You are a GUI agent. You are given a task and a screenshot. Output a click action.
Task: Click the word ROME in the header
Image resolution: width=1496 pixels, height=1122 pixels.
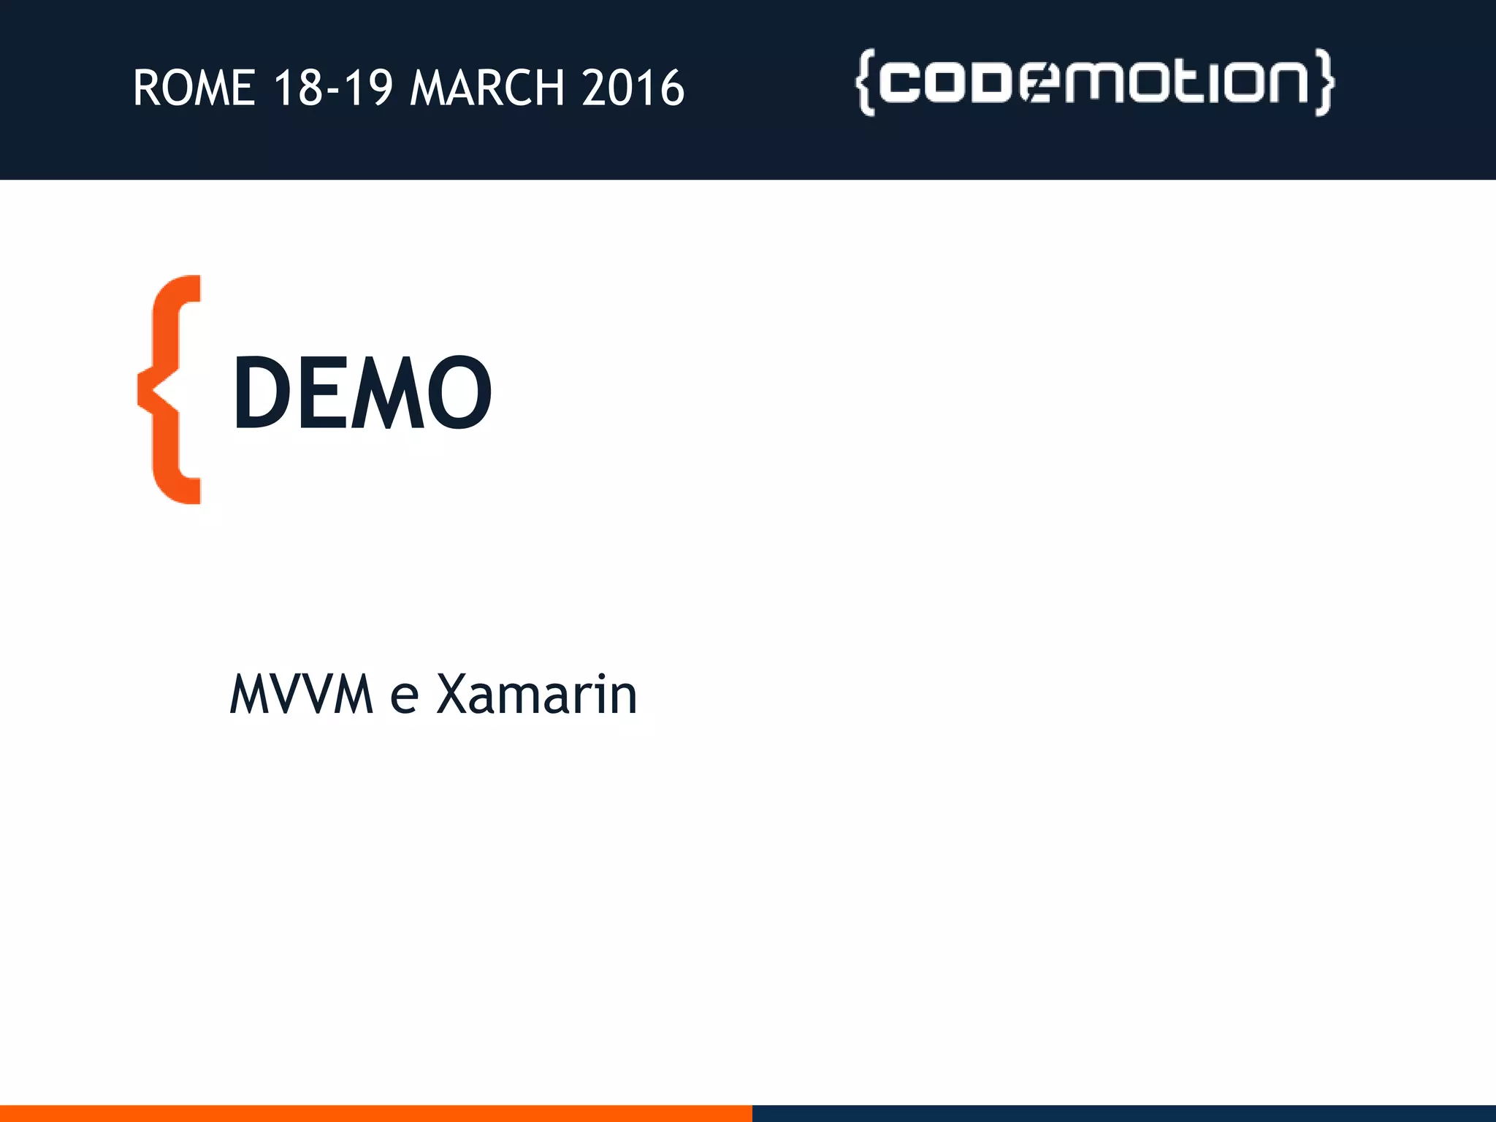point(194,88)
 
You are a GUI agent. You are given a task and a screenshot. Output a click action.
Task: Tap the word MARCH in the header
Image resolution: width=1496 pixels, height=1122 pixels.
point(487,88)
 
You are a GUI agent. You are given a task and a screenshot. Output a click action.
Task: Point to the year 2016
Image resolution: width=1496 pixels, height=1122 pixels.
point(633,88)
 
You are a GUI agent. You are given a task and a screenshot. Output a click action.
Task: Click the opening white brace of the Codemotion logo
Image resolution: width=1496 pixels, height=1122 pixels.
point(865,83)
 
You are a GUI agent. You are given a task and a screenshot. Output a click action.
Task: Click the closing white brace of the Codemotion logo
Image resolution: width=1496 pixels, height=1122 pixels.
point(1324,83)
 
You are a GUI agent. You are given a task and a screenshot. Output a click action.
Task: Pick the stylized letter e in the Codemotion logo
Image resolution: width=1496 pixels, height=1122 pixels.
point(1041,83)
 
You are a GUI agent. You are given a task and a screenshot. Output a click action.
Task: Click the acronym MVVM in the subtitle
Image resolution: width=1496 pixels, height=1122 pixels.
point(302,694)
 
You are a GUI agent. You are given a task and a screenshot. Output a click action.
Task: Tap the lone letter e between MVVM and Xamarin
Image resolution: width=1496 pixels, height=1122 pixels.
point(404,698)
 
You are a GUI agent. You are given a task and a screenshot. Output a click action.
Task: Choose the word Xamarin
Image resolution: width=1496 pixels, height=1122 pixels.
point(537,694)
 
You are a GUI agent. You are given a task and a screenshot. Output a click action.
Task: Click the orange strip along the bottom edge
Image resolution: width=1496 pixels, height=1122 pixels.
point(375,1113)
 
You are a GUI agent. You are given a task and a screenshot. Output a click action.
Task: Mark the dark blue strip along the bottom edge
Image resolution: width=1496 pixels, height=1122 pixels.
point(1123,1113)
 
